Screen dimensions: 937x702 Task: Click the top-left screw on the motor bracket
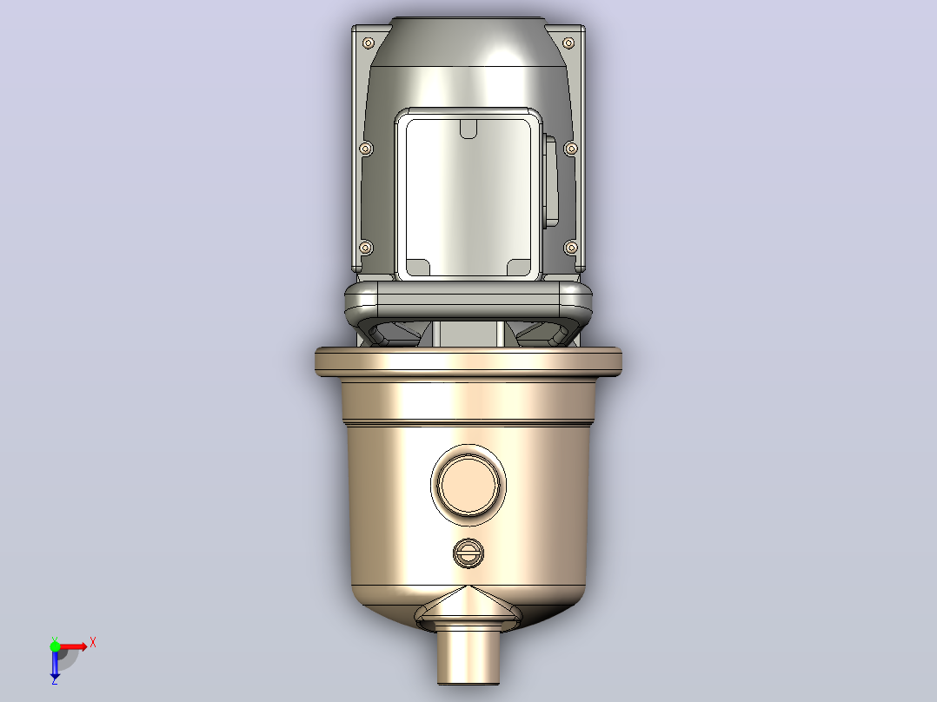[x=369, y=43]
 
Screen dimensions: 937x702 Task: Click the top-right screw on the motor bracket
[x=568, y=43]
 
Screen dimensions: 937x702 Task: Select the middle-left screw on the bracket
[x=366, y=149]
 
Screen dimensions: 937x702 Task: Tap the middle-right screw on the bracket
[x=571, y=149]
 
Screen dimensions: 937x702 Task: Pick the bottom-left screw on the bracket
[x=366, y=248]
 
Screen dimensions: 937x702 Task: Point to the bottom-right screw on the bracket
[x=571, y=248]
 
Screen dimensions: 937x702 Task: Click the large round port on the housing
[x=468, y=485]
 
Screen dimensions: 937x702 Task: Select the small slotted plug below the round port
[x=468, y=553]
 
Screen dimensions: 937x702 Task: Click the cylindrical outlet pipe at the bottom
[x=468, y=655]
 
